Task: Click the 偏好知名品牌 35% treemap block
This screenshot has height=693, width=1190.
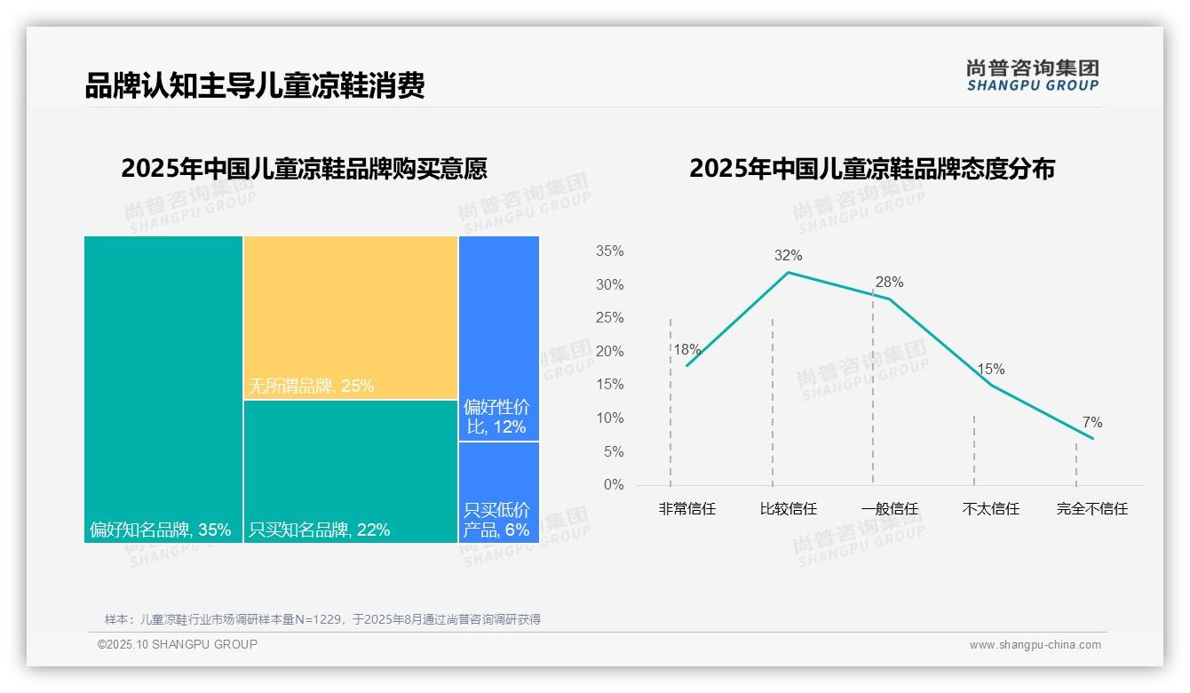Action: click(x=163, y=388)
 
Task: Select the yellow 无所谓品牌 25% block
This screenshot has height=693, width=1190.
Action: click(x=351, y=317)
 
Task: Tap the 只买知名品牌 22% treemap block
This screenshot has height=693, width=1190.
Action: click(x=351, y=471)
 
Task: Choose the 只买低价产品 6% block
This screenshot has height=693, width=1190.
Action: click(x=499, y=491)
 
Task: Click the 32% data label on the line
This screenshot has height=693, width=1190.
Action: click(x=788, y=256)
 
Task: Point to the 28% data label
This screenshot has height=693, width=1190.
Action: click(x=889, y=283)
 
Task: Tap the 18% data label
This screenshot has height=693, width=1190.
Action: click(x=686, y=350)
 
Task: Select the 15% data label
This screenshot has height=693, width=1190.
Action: click(x=990, y=370)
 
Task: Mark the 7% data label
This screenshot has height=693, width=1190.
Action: click(x=1091, y=423)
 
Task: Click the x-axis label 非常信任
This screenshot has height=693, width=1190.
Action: click(x=686, y=509)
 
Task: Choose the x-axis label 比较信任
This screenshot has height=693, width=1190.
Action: click(x=788, y=509)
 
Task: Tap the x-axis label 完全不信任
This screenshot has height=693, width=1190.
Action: click(x=1091, y=509)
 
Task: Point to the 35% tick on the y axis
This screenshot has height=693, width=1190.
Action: click(x=609, y=251)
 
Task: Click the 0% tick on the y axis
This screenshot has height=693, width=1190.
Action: click(x=614, y=485)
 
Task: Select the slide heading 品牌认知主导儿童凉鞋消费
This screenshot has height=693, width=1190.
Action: click(x=255, y=85)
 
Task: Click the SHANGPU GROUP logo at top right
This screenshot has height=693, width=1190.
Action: click(x=1032, y=76)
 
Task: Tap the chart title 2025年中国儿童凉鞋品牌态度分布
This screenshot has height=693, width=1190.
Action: click(x=871, y=169)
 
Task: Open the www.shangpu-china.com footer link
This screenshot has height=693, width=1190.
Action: click(x=1035, y=645)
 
